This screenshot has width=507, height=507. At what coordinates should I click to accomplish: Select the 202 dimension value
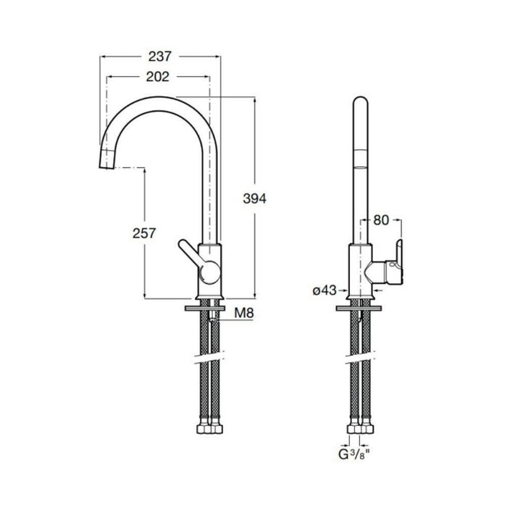tap(157, 77)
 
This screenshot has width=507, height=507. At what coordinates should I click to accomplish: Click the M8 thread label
tap(245, 313)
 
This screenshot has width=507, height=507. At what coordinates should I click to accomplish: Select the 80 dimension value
tap(382, 219)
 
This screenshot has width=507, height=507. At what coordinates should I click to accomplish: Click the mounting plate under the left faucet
tap(209, 308)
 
